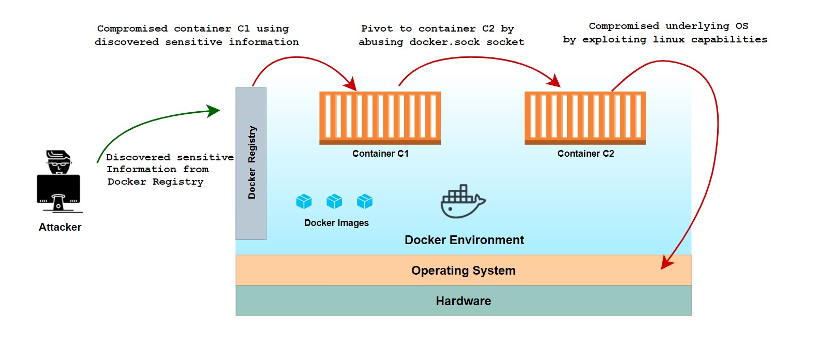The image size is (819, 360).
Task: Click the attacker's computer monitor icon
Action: click(58, 190)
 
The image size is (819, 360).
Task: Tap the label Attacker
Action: click(60, 227)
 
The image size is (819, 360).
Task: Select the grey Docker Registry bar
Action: click(251, 163)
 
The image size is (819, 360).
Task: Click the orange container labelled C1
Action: click(380, 117)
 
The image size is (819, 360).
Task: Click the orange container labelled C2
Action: click(585, 117)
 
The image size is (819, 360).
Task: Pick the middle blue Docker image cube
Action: click(334, 201)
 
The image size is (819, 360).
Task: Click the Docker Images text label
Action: click(336, 223)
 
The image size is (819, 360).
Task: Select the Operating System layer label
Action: click(463, 271)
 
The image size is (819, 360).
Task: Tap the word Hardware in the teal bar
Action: click(463, 301)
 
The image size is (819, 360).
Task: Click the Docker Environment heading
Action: click(464, 240)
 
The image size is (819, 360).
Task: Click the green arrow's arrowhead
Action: click(214, 110)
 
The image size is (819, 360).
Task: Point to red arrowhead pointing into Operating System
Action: click(667, 264)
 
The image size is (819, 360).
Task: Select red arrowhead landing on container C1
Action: click(351, 84)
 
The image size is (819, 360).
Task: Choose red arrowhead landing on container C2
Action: click(555, 81)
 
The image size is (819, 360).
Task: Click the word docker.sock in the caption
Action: click(444, 42)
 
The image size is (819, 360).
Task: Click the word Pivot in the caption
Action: click(377, 28)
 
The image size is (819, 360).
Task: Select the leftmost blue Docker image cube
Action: click(304, 201)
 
